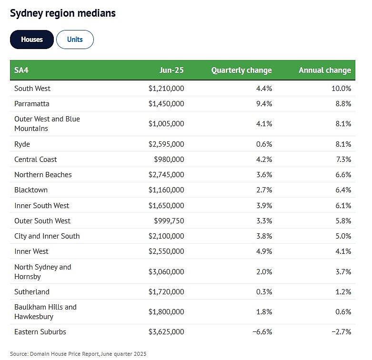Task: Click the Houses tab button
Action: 32,40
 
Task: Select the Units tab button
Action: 75,40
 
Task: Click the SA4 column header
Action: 21,70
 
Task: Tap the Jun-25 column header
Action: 171,70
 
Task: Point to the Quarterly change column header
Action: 241,70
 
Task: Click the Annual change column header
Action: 325,70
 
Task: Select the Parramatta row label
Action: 32,104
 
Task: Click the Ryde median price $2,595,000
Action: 166,144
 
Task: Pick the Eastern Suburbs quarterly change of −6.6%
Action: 262,332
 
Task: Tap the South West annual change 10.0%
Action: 341,89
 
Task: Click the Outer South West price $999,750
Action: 169,221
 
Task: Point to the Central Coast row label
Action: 36,160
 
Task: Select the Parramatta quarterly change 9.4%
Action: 264,104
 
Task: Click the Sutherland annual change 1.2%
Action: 343,292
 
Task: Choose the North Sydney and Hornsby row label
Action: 43,272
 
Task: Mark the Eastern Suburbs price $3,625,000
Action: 166,332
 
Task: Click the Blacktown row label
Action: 31,190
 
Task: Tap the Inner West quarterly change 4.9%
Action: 264,251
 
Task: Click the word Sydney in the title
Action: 26,13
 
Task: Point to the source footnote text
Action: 78,354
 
